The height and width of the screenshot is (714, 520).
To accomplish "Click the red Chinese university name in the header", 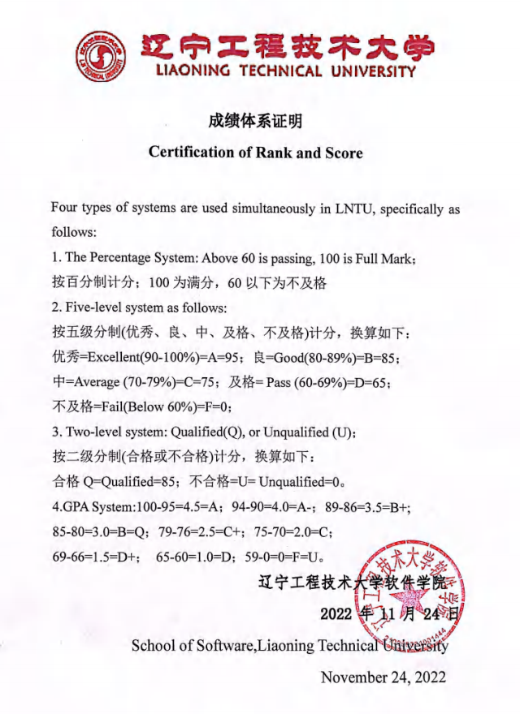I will point(287,48).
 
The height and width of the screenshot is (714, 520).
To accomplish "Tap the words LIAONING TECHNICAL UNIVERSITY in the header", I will point(286,71).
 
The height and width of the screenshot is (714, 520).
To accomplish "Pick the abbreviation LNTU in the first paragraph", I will point(352,209).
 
